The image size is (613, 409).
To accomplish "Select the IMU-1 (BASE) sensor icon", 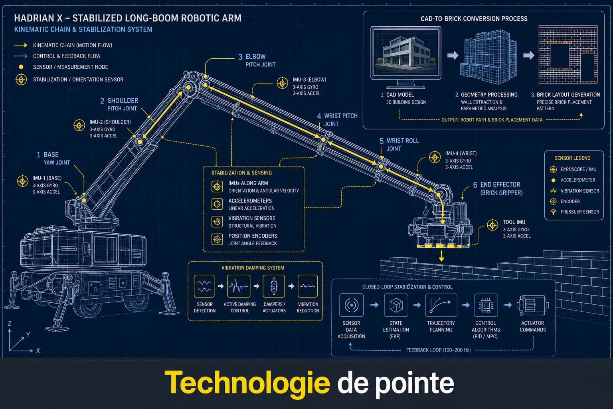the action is (23, 181).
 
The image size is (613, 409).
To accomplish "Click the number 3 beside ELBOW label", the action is (240, 57).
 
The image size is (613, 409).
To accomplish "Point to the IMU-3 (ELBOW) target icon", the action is (282, 83).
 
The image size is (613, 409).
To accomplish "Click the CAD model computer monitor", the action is (406, 57).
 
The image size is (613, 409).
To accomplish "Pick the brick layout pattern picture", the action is (568, 54).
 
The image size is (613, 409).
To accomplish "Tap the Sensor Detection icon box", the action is (204, 286).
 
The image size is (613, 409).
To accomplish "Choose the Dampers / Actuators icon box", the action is (274, 286).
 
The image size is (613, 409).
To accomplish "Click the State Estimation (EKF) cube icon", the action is (396, 305).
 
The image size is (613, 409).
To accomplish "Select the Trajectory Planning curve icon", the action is (441, 305).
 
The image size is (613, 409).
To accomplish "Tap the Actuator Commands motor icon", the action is (532, 305).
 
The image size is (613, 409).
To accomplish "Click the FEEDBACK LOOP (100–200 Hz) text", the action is (439, 350).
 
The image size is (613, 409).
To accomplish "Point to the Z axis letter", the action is (10, 324).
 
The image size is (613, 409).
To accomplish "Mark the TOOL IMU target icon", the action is (492, 225).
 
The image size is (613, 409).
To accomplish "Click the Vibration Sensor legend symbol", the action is (554, 191).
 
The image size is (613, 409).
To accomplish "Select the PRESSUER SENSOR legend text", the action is (579, 212).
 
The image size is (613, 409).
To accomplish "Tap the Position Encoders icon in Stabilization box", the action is (217, 239).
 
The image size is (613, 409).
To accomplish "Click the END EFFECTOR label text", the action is (500, 185).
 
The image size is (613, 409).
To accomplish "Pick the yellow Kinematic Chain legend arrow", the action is (21, 45).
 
